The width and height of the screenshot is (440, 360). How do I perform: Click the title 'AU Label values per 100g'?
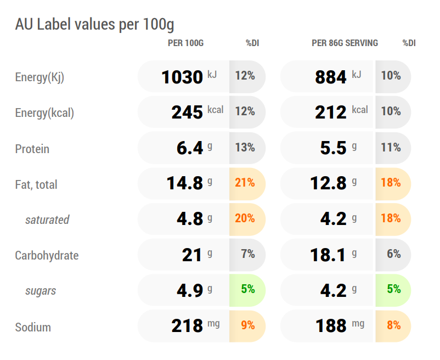pos(94,24)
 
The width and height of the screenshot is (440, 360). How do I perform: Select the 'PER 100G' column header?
pos(186,43)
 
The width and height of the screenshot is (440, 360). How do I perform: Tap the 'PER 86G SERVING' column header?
pos(345,43)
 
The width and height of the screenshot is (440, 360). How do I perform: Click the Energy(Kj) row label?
pos(40,77)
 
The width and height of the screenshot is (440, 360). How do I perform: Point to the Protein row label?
pos(32,149)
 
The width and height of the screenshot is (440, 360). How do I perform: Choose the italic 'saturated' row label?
pos(47,220)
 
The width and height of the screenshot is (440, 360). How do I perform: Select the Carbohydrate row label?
pos(47,256)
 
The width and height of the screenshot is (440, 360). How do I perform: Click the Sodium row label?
pos(33,327)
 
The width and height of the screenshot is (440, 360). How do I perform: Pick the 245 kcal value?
pos(198,112)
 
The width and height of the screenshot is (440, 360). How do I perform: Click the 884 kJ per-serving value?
pos(338,77)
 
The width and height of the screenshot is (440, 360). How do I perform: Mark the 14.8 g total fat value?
pos(189,183)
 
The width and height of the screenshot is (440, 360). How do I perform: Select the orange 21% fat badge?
pos(245,183)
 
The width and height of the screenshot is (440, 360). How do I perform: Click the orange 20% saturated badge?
pos(245,218)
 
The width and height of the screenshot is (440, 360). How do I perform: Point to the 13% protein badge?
pos(245,147)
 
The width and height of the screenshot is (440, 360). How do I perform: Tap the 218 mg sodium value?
pos(196,325)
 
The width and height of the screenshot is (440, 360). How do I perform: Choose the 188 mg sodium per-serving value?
pos(340,325)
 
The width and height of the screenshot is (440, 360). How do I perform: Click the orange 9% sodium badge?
pos(248,325)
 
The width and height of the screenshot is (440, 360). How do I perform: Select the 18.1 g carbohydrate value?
pos(334,255)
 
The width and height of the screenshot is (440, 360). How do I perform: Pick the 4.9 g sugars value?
pos(194,290)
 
